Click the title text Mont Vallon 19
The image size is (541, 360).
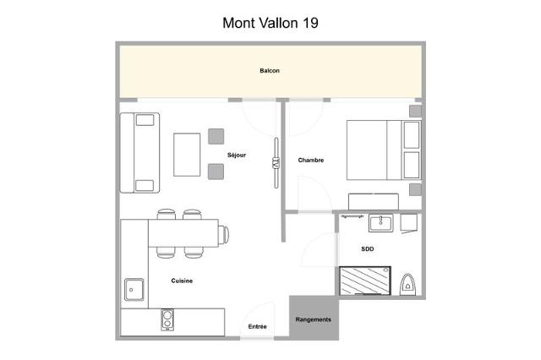tap(270, 23)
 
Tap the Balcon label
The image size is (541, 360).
tap(270, 70)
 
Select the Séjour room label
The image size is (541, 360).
tap(237, 155)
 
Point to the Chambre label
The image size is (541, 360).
tap(310, 160)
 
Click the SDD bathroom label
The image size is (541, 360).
tap(367, 250)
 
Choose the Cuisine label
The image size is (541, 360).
tap(182, 281)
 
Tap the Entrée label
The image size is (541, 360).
tap(257, 326)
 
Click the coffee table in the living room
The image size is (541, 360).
tap(187, 154)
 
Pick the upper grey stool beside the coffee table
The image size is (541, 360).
tap(216, 136)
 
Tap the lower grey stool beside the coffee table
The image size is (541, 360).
tap(216, 172)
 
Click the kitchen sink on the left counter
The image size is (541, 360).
tap(134, 289)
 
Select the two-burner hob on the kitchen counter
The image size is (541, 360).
tap(168, 320)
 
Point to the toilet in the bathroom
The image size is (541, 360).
tap(408, 284)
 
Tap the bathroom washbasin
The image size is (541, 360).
tap(380, 224)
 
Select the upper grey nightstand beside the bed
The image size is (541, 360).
tap(415, 112)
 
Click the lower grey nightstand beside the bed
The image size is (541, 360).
tap(415, 188)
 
